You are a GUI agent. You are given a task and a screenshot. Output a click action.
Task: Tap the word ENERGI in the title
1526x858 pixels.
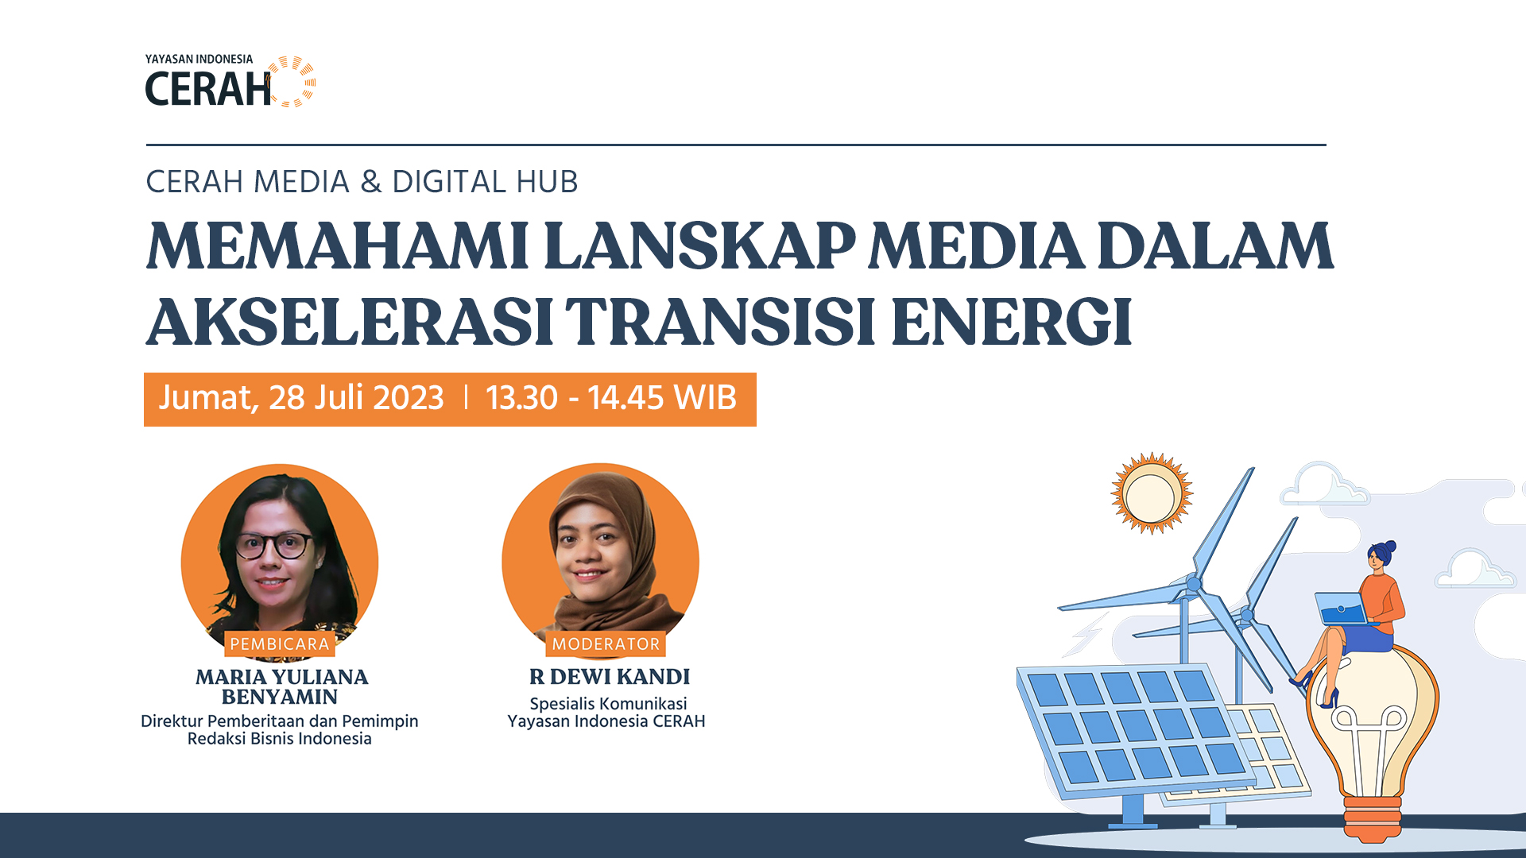pos(1011,322)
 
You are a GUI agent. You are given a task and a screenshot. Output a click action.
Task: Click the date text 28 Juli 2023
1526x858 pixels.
pos(355,398)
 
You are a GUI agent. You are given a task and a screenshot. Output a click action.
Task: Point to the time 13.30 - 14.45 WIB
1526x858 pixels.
pos(610,398)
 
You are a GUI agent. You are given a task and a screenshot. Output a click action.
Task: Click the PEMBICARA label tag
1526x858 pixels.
pos(279,644)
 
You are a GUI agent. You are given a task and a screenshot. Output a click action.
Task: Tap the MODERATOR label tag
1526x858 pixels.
pos(606,644)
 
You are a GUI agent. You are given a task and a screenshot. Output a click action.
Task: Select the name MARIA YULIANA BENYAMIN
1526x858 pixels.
pos(281,686)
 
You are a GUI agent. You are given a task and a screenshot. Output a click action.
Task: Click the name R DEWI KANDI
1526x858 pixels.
pos(609,677)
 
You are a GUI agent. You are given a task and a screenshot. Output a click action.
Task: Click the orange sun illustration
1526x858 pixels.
pos(1151,493)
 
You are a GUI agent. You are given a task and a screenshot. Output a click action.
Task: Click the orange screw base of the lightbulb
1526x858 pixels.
pos(1373,818)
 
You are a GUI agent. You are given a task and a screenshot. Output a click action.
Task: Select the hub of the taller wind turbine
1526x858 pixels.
pos(1193,584)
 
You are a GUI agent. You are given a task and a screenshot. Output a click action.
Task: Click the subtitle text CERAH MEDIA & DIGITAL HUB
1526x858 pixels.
pos(362,182)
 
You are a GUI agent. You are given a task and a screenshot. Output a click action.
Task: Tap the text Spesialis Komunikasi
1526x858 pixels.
pos(608,704)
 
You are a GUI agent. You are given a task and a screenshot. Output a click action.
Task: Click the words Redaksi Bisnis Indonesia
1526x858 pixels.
pos(279,739)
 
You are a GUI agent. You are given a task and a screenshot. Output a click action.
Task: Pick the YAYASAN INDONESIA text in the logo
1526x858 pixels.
pos(199,60)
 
